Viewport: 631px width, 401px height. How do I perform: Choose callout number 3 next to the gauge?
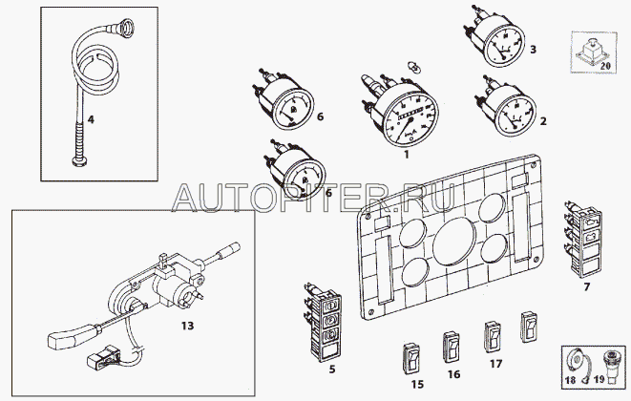pos(533,50)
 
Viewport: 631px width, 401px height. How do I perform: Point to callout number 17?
pos(494,364)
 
